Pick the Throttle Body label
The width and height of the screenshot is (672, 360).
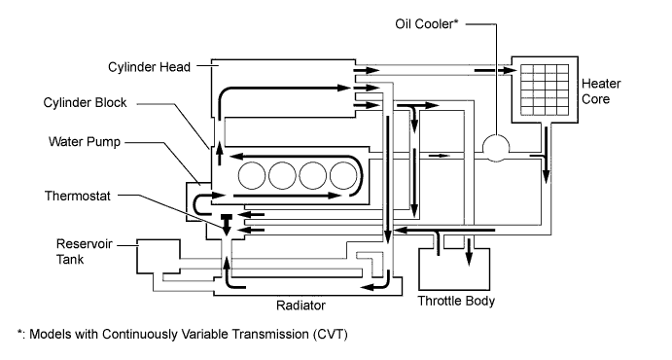(x=456, y=302)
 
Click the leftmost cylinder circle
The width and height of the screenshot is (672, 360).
(x=252, y=176)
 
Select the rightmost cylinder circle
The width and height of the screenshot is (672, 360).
(x=343, y=176)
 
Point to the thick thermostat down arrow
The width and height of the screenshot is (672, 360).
(x=226, y=225)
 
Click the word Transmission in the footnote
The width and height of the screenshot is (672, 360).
(x=256, y=334)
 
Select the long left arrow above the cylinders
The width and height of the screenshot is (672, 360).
(x=292, y=155)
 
